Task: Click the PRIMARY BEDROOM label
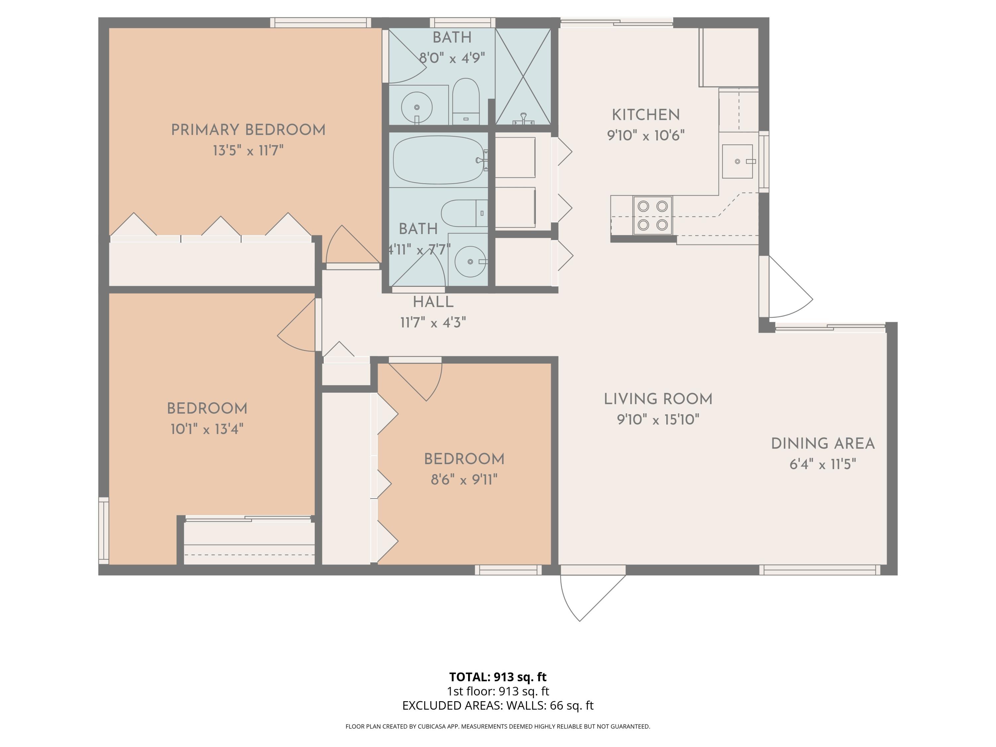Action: pyautogui.click(x=248, y=130)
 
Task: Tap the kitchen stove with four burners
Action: pyautogui.click(x=652, y=215)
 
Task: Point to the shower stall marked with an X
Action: pyautogui.click(x=523, y=76)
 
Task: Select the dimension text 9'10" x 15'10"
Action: pyautogui.click(x=658, y=420)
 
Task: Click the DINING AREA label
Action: pyautogui.click(x=823, y=444)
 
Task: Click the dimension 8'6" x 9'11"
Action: pyautogui.click(x=464, y=479)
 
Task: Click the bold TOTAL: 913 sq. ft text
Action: pyautogui.click(x=498, y=677)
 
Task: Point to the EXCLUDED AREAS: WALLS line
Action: pyautogui.click(x=498, y=705)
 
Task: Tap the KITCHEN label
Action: pyautogui.click(x=646, y=115)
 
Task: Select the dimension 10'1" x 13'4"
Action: pyautogui.click(x=207, y=429)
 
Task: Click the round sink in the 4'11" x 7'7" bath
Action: pyautogui.click(x=470, y=262)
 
